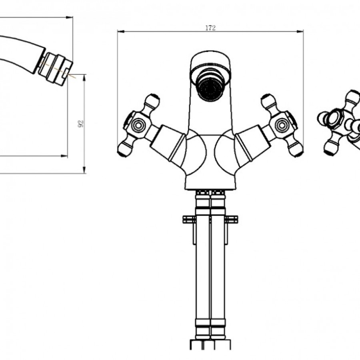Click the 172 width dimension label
tap(210, 28)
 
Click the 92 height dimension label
tap(80, 124)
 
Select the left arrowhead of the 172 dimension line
tap(121, 32)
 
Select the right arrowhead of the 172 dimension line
tap(300, 32)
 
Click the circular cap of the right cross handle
tap(282, 125)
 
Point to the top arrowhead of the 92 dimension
tap(84, 78)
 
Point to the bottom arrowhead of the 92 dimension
tap(84, 170)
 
